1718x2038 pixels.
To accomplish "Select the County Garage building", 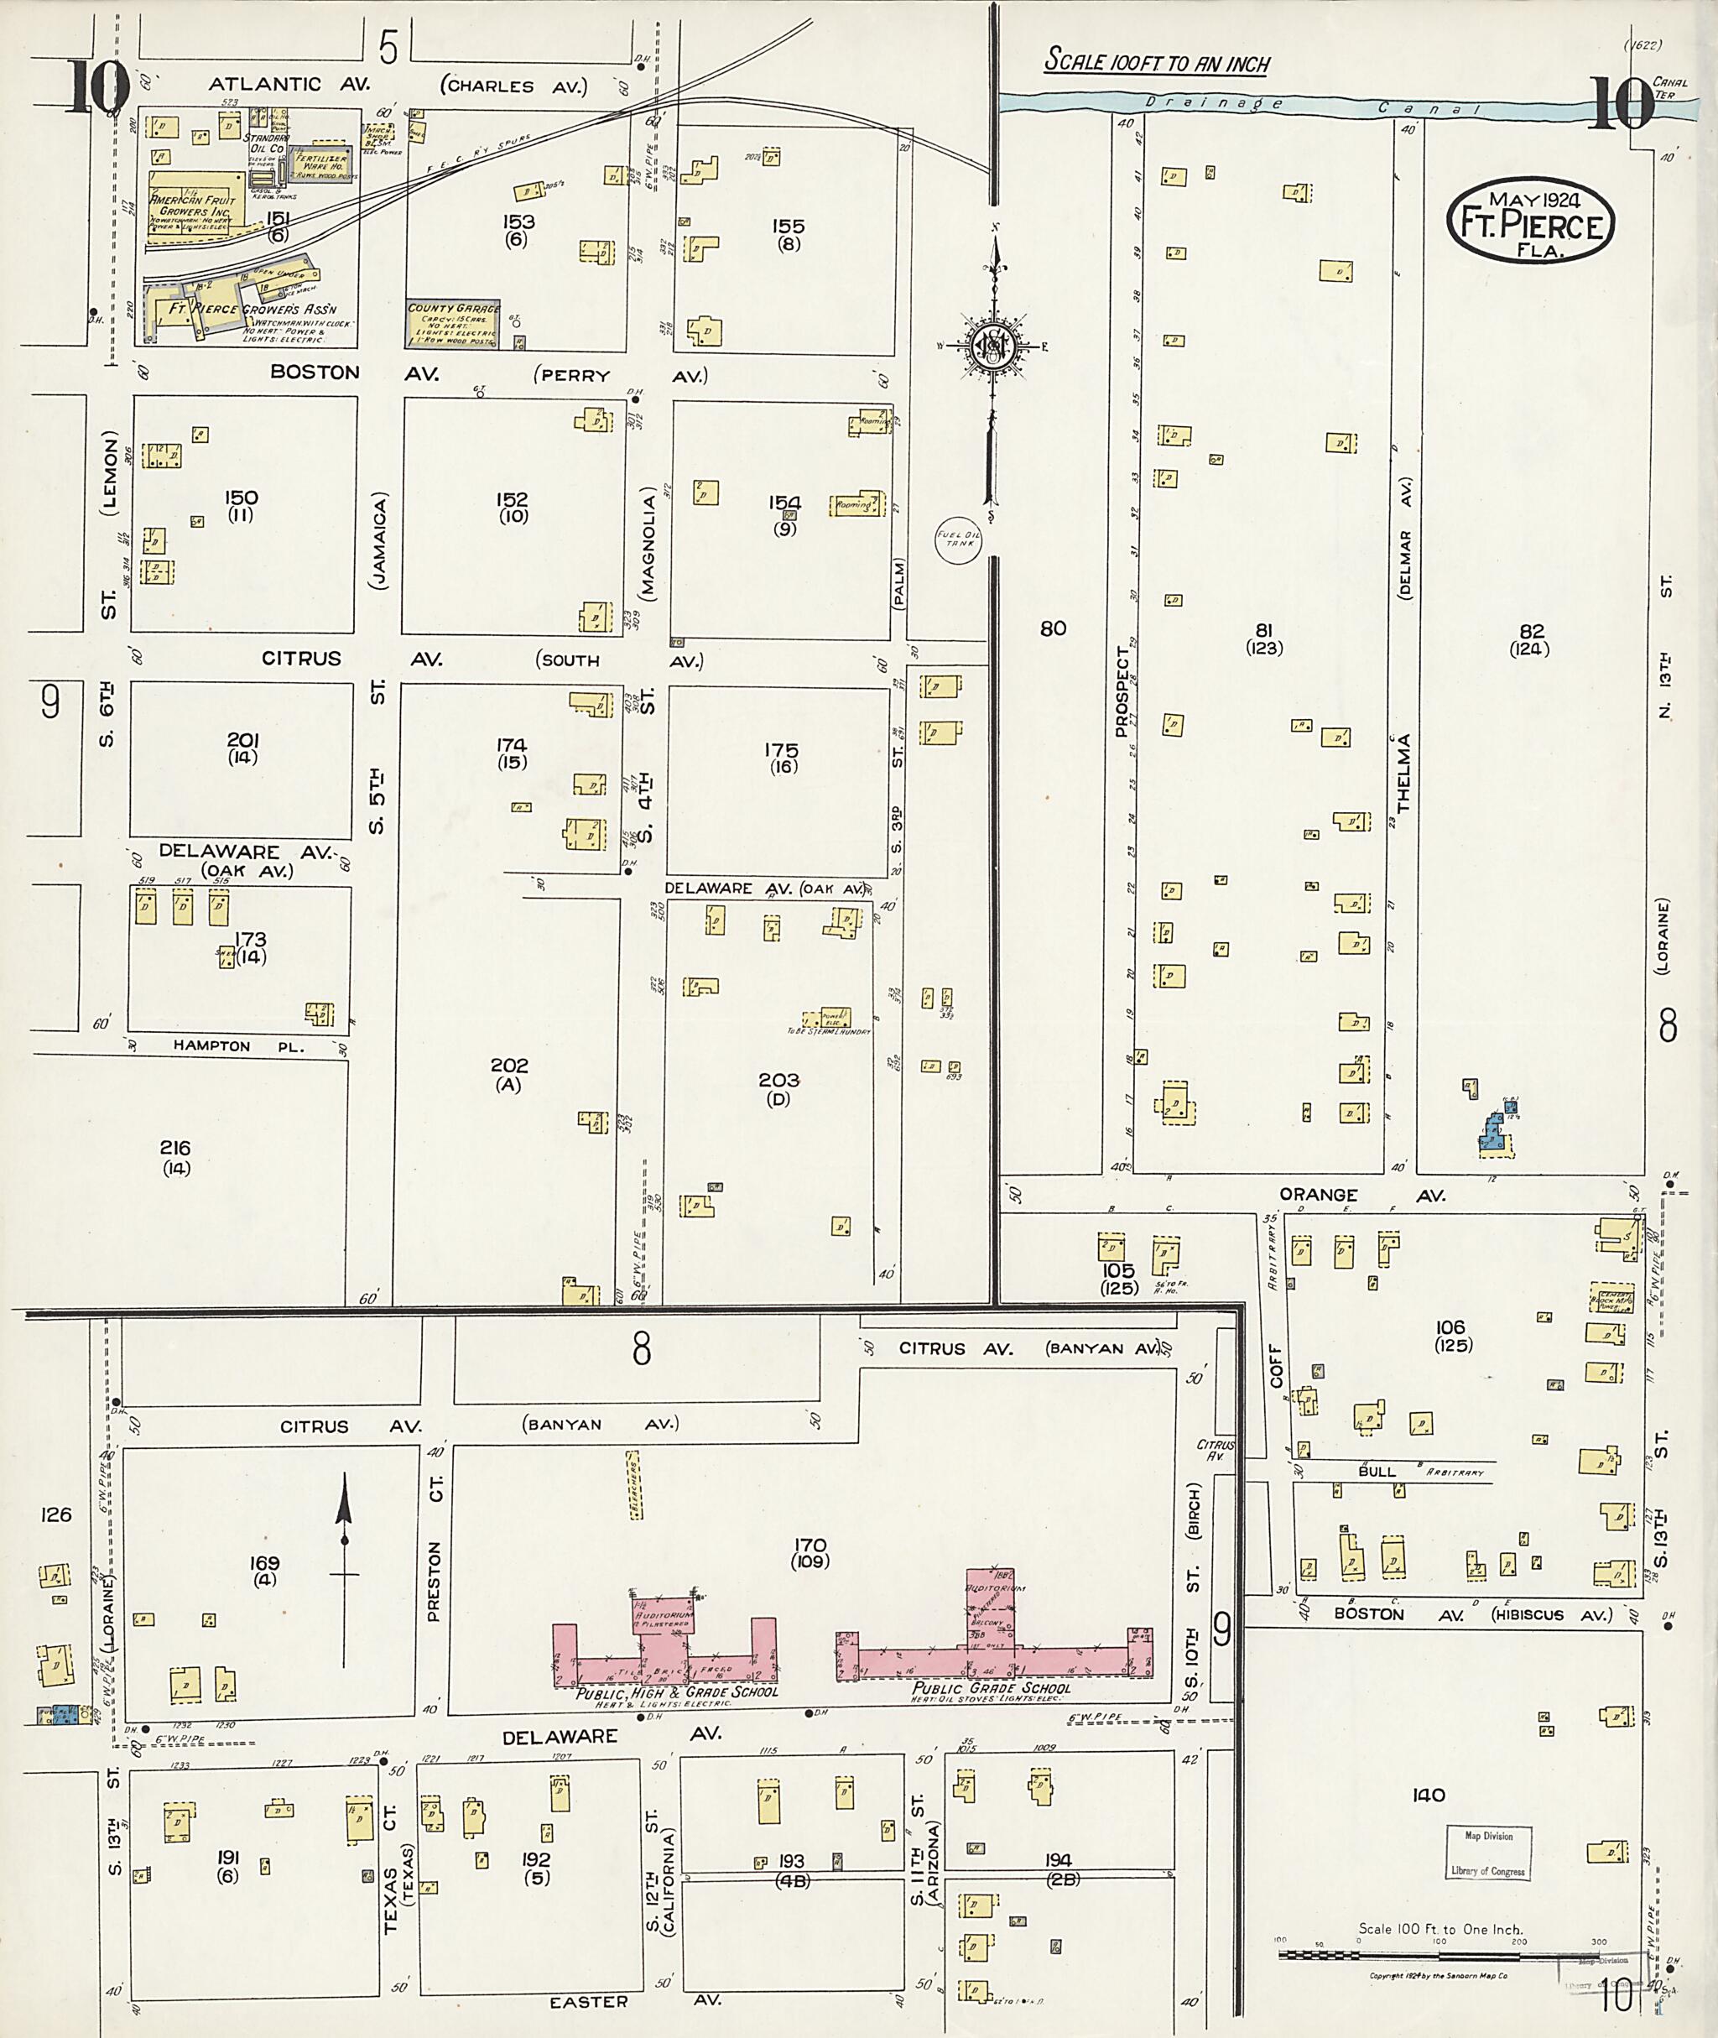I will click(x=453, y=323).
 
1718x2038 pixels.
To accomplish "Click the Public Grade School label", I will click(x=992, y=1688).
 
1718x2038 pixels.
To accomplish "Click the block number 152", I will click(x=513, y=500).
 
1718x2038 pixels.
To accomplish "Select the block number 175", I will click(x=781, y=750).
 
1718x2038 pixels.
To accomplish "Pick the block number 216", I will click(x=175, y=1149).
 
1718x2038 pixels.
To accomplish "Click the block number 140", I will click(x=1428, y=1796).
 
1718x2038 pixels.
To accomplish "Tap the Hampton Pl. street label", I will click(x=212, y=1046).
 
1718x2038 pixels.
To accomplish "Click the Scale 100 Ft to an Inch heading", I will click(x=1157, y=62).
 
